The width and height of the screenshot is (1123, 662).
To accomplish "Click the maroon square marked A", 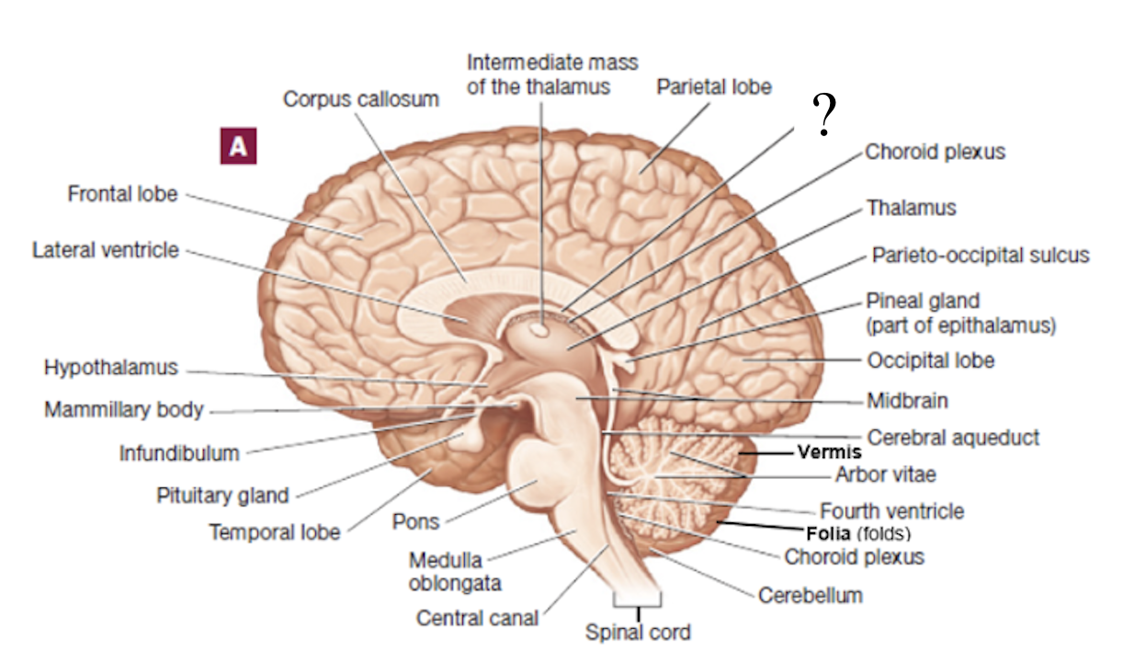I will click(x=238, y=146).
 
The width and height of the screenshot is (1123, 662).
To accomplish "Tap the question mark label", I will click(x=825, y=116).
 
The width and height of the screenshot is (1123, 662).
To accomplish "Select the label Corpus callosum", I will click(x=360, y=98).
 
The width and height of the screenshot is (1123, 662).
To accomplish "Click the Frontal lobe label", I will click(x=122, y=194).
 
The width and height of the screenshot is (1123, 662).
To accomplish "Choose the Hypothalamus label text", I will click(x=110, y=368).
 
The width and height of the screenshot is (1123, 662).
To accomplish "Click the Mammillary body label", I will click(x=123, y=409).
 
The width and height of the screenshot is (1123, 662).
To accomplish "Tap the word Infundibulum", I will click(x=179, y=452).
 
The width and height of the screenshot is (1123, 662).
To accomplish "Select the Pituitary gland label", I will click(x=221, y=496).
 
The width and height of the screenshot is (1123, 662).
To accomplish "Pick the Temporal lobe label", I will click(x=274, y=531).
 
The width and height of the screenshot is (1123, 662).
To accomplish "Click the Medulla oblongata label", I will click(x=445, y=571).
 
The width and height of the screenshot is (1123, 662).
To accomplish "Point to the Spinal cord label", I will click(x=638, y=633).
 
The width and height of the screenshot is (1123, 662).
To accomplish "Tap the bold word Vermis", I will click(x=829, y=451).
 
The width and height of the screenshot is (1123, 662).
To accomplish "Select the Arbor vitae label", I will click(x=885, y=474).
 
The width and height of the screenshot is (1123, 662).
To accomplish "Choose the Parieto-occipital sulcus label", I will click(x=980, y=255).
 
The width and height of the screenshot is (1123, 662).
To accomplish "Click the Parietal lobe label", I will click(x=714, y=87).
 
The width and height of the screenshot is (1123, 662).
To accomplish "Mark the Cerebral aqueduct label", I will click(x=953, y=437).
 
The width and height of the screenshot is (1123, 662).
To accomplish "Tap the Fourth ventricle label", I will click(x=891, y=510).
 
